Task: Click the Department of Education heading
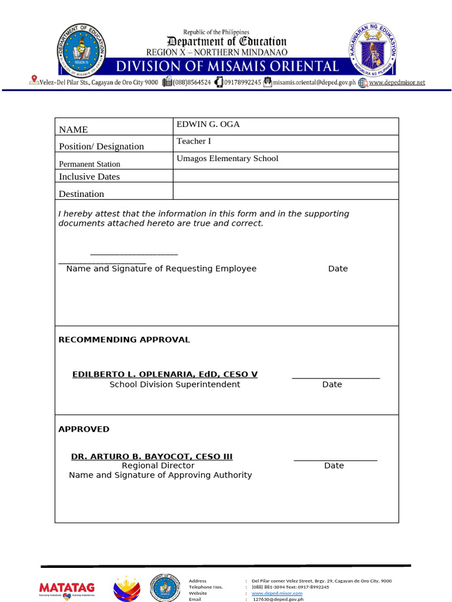[x=227, y=41]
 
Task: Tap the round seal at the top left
[x=81, y=51]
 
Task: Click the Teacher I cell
[x=194, y=141]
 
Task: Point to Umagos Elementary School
[x=227, y=158]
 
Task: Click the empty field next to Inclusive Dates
[x=285, y=176]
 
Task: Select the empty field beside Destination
[x=285, y=190]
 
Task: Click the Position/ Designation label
[x=101, y=146]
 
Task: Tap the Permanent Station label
[x=89, y=164]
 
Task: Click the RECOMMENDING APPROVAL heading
[x=124, y=340]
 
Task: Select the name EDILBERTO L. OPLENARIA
[x=165, y=374]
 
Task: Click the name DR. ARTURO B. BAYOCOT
[x=152, y=456]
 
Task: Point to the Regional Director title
[x=158, y=466]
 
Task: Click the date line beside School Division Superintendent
[x=335, y=378]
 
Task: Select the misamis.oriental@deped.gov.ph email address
[x=314, y=83]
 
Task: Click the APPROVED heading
[x=84, y=429]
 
